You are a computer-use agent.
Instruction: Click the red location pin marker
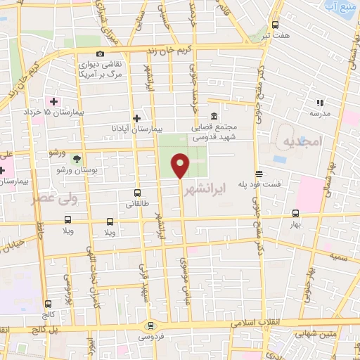(181, 165)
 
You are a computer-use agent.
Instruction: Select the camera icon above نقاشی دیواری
(101, 54)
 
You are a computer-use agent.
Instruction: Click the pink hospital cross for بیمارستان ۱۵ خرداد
(53, 101)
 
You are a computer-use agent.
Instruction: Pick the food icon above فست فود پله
(259, 173)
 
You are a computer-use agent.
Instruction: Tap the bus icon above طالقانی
(137, 193)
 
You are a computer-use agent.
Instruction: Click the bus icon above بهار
(295, 212)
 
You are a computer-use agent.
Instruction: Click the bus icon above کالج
(49, 304)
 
